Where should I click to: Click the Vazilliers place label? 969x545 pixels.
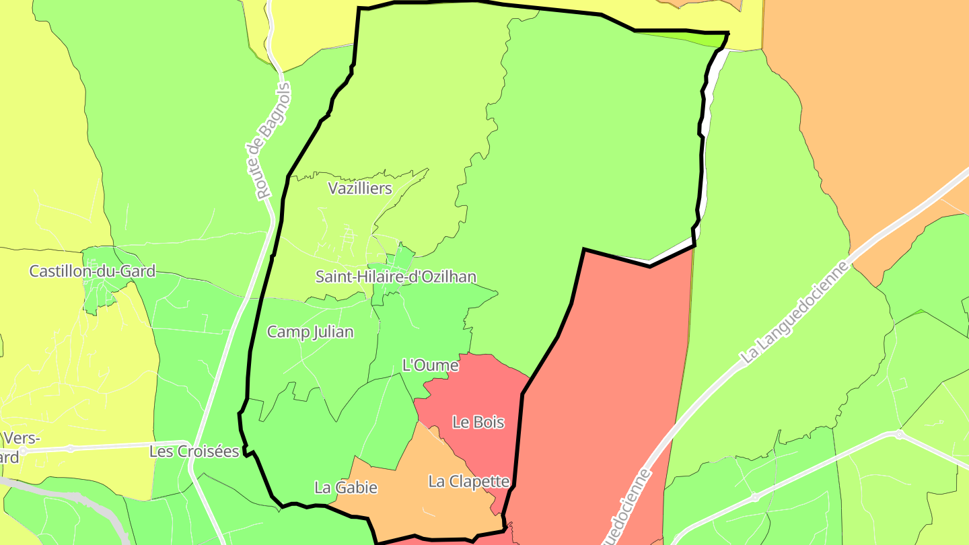(360, 188)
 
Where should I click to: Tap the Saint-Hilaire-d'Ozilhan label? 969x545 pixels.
(396, 277)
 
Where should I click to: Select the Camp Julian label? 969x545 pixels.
(310, 332)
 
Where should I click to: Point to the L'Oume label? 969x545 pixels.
(430, 365)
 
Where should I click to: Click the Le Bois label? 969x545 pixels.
(478, 423)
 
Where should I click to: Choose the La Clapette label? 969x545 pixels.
(469, 482)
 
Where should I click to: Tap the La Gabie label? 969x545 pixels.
(346, 488)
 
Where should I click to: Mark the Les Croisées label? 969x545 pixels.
(194, 451)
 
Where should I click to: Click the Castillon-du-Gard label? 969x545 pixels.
(92, 271)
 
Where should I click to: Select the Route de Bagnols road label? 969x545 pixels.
(273, 141)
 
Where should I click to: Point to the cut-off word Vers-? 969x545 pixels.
(22, 439)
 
